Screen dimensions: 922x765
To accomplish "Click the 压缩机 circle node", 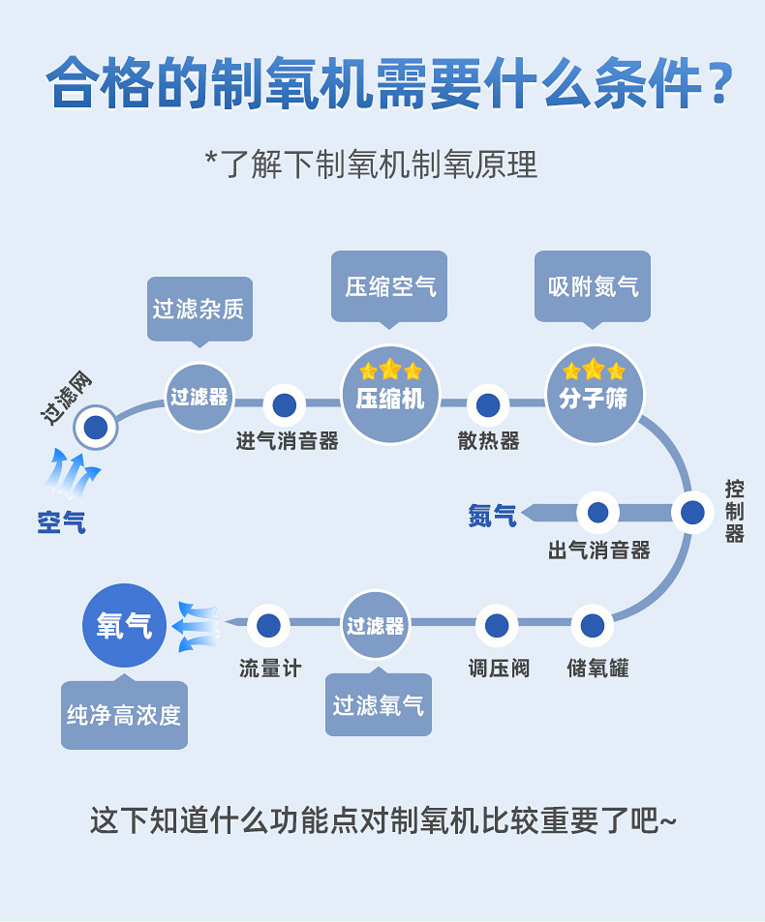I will point(390,394).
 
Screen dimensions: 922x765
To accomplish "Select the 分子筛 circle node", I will point(594,394).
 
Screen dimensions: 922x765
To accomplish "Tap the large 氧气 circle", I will point(124,625).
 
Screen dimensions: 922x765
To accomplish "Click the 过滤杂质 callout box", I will point(199,309).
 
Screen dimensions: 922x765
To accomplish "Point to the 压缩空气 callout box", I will point(389,286).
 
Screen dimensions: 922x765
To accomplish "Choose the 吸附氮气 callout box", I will point(593,286).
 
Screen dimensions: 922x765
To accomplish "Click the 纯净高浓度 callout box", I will point(124,715).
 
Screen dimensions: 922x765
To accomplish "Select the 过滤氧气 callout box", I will point(378,704).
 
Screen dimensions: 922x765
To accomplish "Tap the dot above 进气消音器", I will point(284,404).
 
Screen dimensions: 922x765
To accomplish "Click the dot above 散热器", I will point(488,404).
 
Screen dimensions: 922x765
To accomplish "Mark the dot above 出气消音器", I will point(597,513).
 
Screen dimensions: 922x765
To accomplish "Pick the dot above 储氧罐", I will point(593,626).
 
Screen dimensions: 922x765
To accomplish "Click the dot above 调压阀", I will point(497,626).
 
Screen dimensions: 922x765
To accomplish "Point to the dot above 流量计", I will point(268,626).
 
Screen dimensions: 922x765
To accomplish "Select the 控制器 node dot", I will point(692,513).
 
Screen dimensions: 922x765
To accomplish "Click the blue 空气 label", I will point(62,522).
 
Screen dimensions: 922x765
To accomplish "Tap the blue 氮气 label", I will point(492,516).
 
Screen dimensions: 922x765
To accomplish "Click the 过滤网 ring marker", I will point(95,427).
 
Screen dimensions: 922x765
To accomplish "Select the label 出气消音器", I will point(598,550).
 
